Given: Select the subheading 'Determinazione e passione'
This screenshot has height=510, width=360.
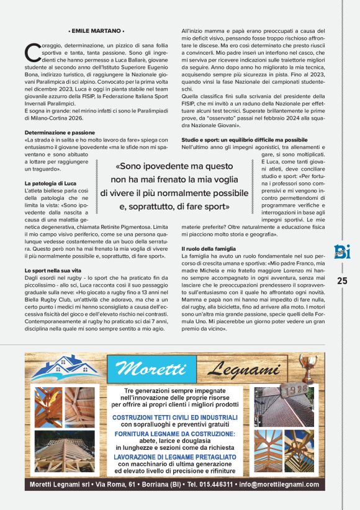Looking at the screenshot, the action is tap(60, 133).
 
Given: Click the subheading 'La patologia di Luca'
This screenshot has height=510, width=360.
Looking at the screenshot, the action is tap(50, 184).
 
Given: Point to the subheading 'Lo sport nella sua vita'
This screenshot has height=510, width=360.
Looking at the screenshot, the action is tap(53, 271).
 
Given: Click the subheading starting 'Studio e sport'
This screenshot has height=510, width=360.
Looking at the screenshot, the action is tap(244, 140).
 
